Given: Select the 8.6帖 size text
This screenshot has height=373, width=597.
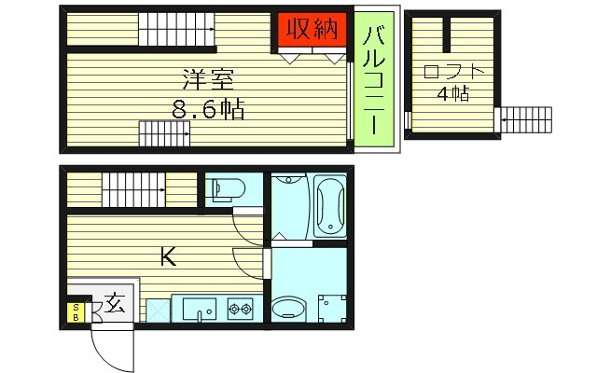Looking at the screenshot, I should click(x=207, y=110).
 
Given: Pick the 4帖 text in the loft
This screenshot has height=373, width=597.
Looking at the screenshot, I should click(x=452, y=94).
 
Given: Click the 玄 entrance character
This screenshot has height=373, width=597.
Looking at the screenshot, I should click(x=114, y=303).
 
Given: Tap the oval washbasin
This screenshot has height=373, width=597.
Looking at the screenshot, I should click(x=289, y=308).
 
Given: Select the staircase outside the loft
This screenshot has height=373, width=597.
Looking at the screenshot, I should click(x=525, y=120).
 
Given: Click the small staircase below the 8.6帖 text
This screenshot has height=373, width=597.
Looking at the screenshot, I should click(x=164, y=134).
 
